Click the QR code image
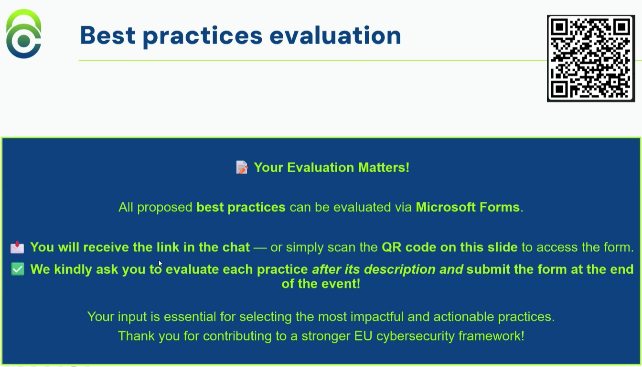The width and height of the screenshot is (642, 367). [590, 58]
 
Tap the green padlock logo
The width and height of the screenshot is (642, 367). [23, 34]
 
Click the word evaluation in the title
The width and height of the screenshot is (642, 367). [335, 35]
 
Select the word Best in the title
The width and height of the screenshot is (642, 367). [107, 35]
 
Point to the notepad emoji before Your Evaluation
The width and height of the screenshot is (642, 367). [242, 167]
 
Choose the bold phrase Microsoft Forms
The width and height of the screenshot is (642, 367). [468, 207]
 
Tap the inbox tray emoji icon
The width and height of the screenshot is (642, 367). [17, 247]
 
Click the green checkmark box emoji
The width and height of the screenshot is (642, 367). [17, 269]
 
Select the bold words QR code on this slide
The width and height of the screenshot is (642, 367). [449, 247]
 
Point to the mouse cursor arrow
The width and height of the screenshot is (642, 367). [160, 263]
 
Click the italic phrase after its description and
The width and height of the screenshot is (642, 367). [387, 269]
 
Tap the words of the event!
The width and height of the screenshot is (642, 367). [321, 284]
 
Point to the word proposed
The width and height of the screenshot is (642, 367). [165, 207]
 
